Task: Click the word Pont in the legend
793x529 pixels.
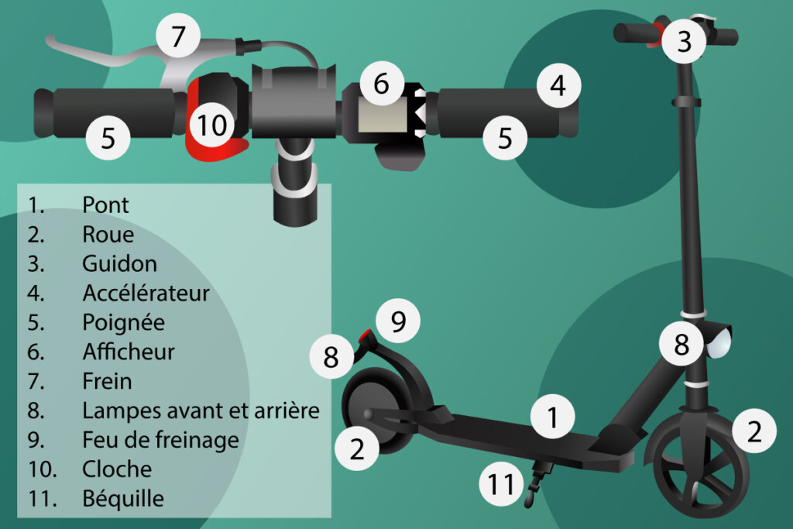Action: (x=105, y=204)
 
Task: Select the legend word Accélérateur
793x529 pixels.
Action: (x=146, y=293)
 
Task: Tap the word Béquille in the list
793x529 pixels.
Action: (x=123, y=499)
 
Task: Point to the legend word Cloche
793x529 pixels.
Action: (x=117, y=469)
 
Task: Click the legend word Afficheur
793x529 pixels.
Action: (x=129, y=352)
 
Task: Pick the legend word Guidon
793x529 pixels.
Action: (x=119, y=263)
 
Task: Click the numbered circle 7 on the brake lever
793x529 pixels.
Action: (x=178, y=36)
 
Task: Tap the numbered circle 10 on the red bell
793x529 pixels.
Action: (x=212, y=125)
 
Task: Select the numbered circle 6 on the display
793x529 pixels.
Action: (x=382, y=84)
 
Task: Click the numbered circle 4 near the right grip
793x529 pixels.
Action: (x=558, y=85)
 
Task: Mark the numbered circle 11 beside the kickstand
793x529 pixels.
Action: (x=501, y=484)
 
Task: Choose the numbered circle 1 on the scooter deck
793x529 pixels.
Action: (x=553, y=416)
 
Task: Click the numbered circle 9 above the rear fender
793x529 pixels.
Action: (x=398, y=321)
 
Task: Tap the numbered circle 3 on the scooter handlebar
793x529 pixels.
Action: (x=685, y=41)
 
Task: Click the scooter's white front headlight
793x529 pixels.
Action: (x=719, y=342)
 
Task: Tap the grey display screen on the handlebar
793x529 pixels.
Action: (x=383, y=115)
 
